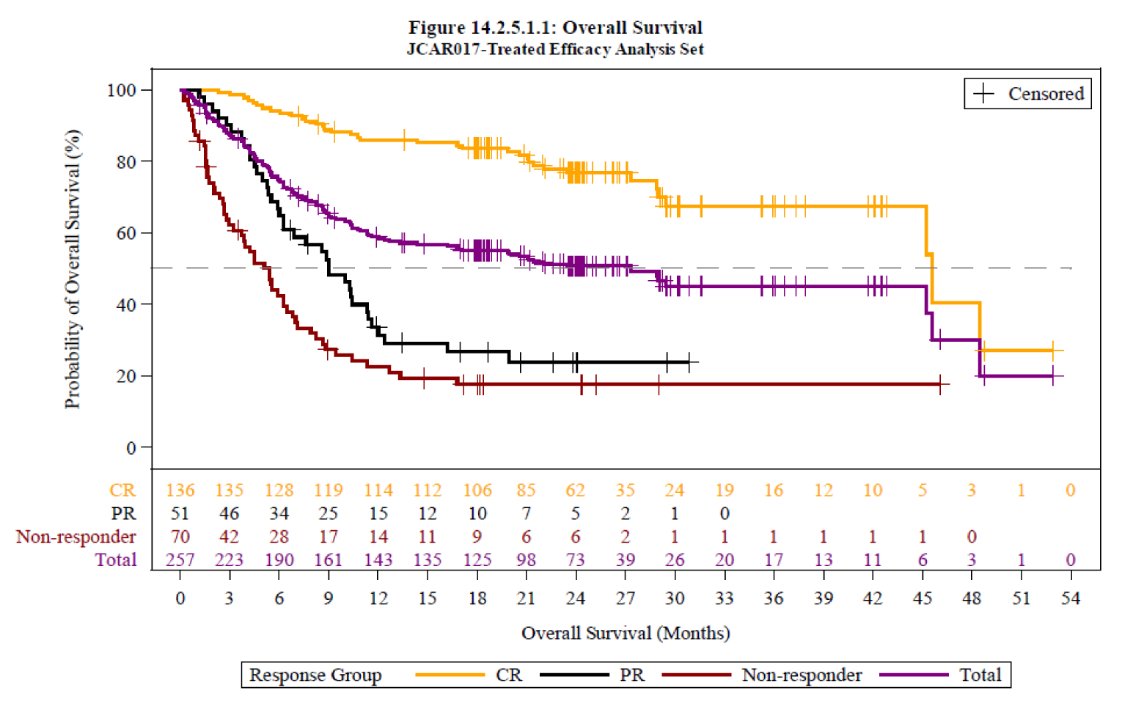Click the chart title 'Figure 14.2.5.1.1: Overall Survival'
[555, 28]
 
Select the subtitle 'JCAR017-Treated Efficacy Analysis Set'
[555, 50]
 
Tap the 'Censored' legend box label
[1045, 94]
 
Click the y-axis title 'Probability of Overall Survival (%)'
[72, 269]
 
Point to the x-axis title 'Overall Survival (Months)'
[626, 633]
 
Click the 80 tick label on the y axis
[125, 161]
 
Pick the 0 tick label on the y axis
[131, 447]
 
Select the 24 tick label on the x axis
[576, 598]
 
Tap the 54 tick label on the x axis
[1070, 598]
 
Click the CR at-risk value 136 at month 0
[180, 490]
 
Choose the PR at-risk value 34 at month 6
[279, 513]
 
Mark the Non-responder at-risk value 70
[180, 537]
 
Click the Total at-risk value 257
[180, 560]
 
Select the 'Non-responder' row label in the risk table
[76, 537]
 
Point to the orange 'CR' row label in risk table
[122, 490]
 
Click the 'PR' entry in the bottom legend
[631, 675]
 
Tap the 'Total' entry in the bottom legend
[980, 675]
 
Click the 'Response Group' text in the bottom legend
[315, 675]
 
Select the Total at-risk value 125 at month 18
[477, 560]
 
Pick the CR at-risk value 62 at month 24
[576, 490]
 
